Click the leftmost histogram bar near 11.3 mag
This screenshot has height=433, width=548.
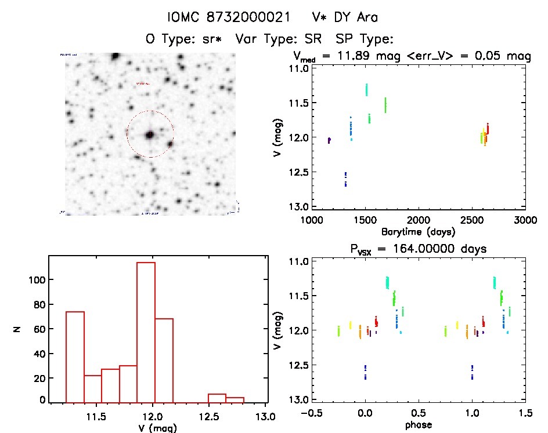click(x=75, y=356)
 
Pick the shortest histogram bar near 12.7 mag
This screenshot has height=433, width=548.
click(x=235, y=399)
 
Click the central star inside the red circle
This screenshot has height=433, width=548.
click(x=150, y=134)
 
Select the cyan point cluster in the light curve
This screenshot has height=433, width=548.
click(x=367, y=89)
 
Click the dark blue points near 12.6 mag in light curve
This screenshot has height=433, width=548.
click(x=345, y=179)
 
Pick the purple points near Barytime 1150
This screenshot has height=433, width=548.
click(x=329, y=140)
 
